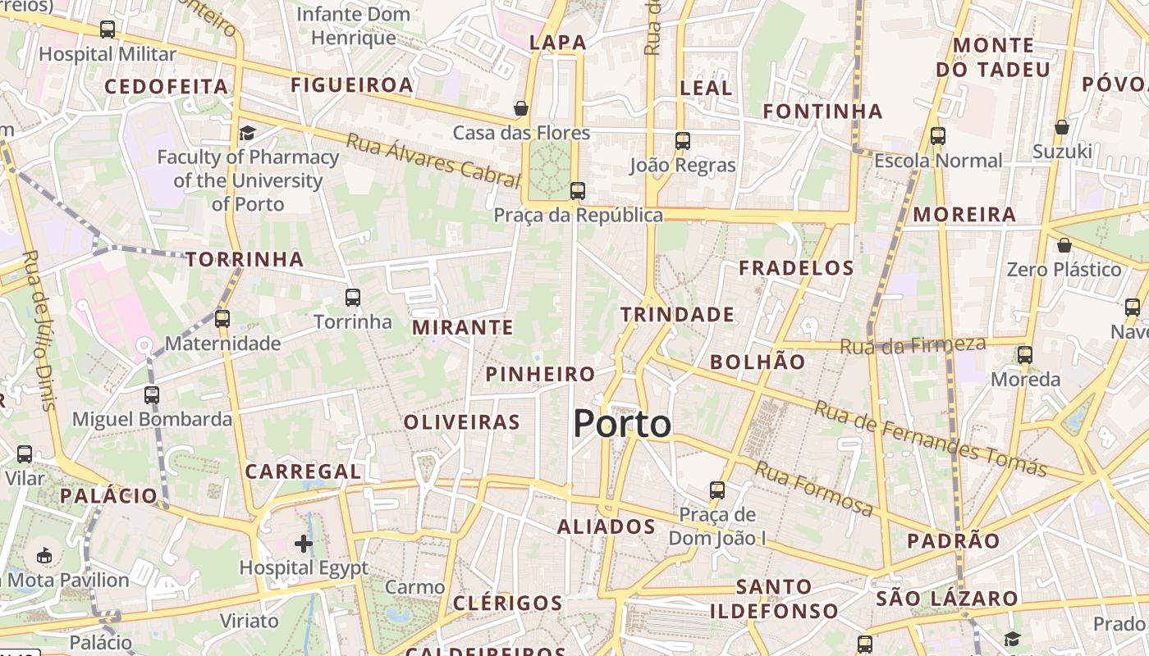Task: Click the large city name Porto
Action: [x=622, y=424]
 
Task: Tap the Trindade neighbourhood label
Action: [x=677, y=315]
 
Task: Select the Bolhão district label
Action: [x=758, y=362]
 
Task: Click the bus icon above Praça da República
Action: [x=578, y=191]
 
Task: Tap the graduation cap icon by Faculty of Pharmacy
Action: [x=247, y=133]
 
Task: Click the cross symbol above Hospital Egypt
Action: [x=304, y=543]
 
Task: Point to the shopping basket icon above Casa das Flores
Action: [x=520, y=108]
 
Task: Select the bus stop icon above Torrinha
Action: [x=353, y=297]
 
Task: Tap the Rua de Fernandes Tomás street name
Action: [x=931, y=439]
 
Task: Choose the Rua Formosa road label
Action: [x=814, y=489]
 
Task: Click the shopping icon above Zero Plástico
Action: [x=1064, y=245]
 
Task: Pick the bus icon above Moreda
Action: [x=1025, y=355]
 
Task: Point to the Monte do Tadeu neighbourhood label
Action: [x=994, y=57]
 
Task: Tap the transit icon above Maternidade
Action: [x=222, y=318]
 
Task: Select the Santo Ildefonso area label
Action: [x=774, y=599]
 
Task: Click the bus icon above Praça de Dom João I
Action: [x=717, y=490]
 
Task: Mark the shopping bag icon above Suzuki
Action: [x=1061, y=127]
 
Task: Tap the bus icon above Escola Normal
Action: [x=937, y=136]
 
